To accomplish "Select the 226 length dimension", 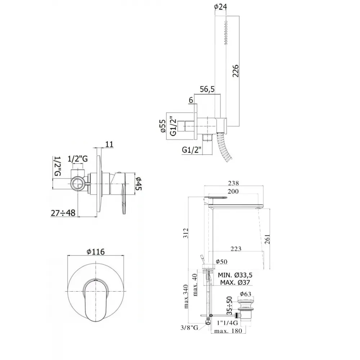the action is coord(235,71).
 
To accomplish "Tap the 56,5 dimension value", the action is coord(207,89).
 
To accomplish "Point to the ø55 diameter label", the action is coord(163,126).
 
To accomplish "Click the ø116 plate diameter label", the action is coord(96,252).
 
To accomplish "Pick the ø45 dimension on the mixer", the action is coord(139,184).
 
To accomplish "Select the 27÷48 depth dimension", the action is coord(63,213).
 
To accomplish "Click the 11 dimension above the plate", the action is coord(109,144).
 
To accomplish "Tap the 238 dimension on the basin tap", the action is coord(233,183).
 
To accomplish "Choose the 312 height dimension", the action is coord(186,233).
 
